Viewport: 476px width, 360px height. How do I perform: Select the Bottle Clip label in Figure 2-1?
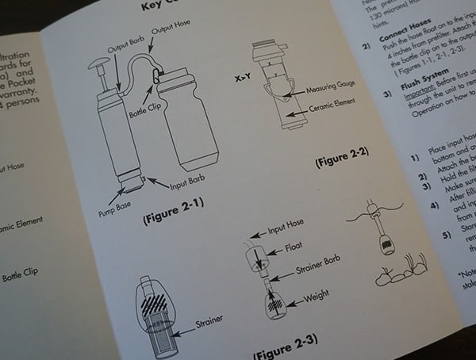[146, 106]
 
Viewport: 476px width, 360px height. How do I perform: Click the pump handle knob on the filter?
[98, 64]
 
